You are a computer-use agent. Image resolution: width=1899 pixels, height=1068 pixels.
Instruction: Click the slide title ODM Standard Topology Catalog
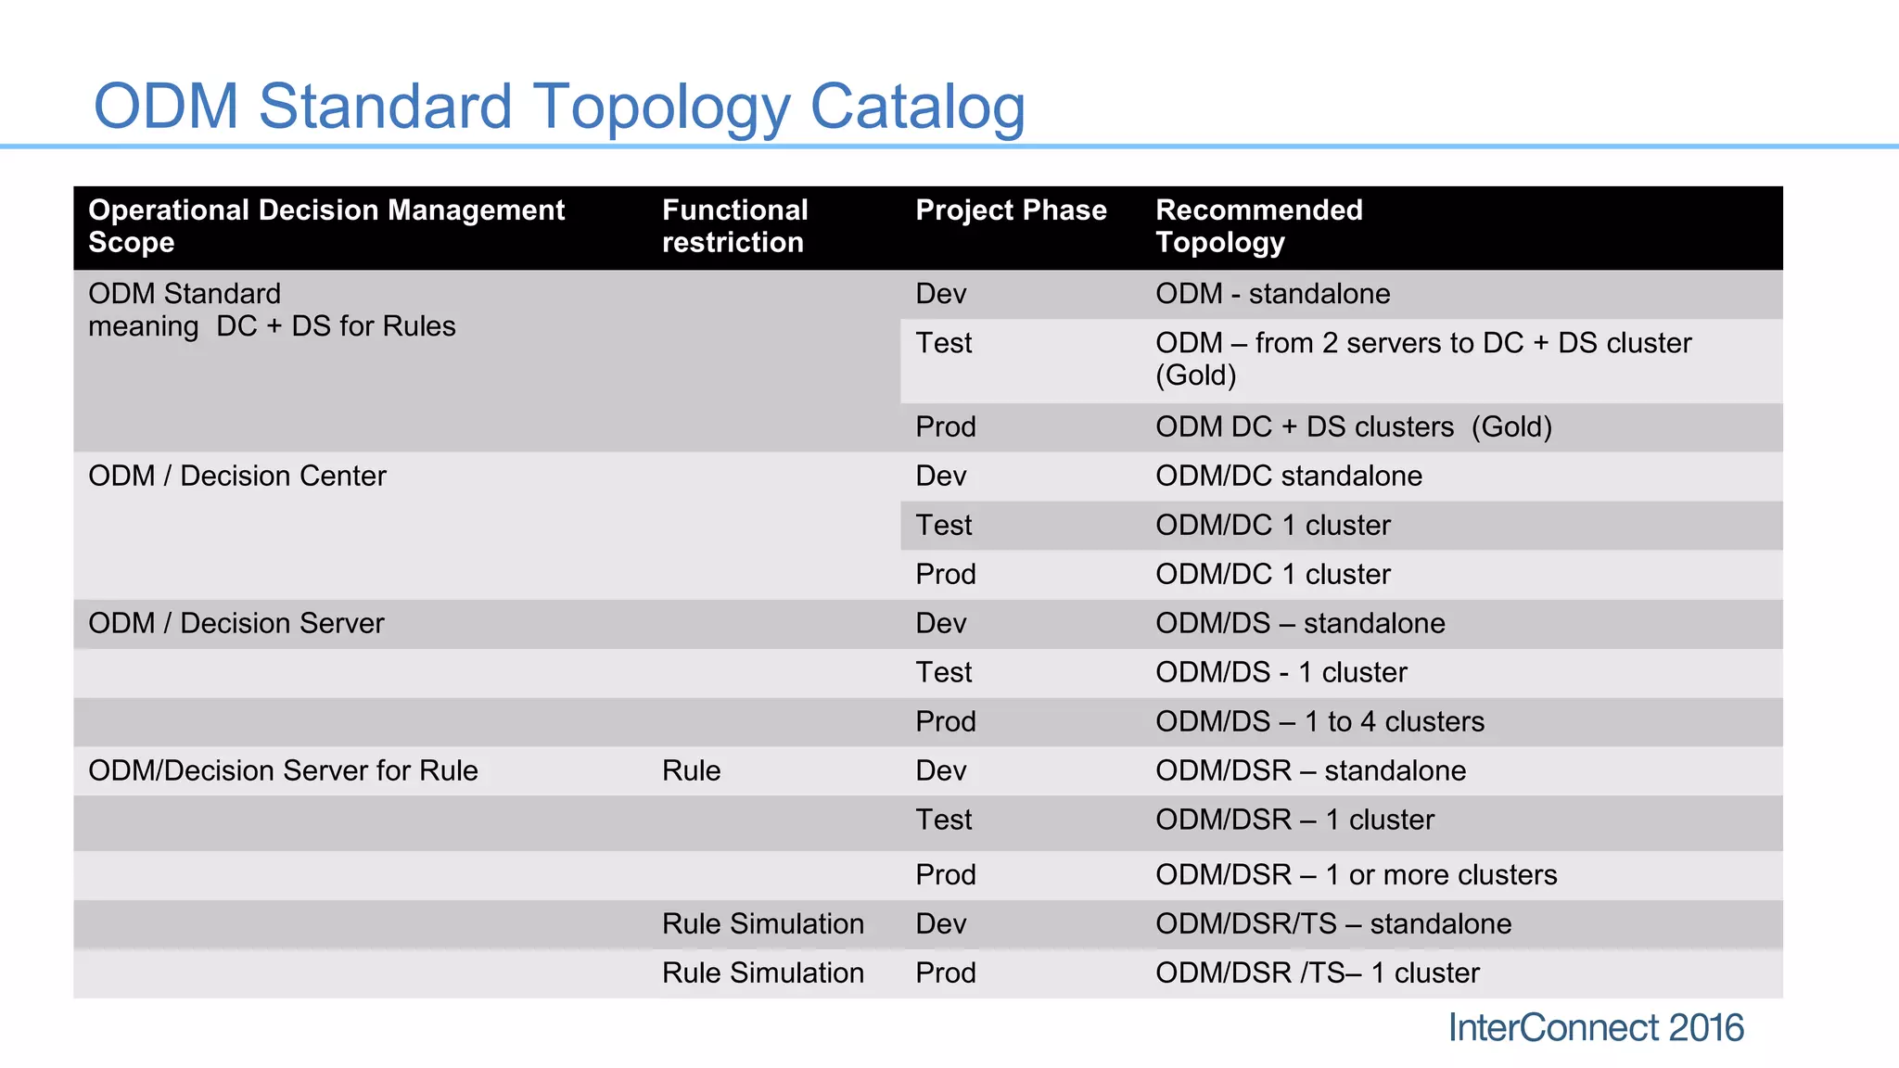(x=559, y=106)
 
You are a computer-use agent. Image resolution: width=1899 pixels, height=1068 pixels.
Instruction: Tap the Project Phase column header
(x=1011, y=210)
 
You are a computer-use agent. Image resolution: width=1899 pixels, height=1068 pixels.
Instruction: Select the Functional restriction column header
(x=734, y=226)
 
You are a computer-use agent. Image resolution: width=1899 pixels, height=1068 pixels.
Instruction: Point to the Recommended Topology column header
(x=1258, y=226)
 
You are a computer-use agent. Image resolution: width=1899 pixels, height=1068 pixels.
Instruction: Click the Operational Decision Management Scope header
(x=325, y=226)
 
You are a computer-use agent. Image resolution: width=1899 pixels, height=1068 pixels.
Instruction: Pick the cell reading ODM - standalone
(x=1272, y=294)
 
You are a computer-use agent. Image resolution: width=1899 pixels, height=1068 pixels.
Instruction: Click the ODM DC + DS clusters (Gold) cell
(x=1353, y=426)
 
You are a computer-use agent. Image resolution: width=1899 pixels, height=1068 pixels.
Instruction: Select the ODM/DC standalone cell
(x=1288, y=476)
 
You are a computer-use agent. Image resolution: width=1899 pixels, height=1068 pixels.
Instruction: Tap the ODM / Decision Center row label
(x=236, y=476)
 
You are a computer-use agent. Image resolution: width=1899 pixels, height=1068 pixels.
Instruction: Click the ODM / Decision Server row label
(x=236, y=623)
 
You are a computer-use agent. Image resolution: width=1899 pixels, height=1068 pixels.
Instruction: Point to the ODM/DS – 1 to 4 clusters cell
(x=1319, y=721)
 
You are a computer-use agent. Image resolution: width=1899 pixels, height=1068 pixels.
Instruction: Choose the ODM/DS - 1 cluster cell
(x=1281, y=672)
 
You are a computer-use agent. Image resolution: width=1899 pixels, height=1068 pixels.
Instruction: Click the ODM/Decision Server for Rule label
(x=283, y=770)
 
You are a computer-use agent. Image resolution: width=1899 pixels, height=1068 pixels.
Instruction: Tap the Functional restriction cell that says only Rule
(x=691, y=770)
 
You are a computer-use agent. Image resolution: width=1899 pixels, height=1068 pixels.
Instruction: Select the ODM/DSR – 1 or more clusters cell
(x=1356, y=874)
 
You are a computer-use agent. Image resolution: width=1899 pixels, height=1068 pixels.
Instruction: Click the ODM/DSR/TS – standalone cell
(x=1332, y=923)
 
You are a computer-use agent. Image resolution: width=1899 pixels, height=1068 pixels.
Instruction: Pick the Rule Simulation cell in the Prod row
(x=762, y=973)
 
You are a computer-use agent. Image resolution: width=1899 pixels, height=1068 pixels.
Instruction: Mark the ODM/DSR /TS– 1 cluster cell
(x=1317, y=973)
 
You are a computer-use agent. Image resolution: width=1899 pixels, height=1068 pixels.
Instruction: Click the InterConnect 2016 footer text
(x=1595, y=1028)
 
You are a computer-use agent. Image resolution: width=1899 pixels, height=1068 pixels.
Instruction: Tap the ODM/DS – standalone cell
(x=1300, y=623)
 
